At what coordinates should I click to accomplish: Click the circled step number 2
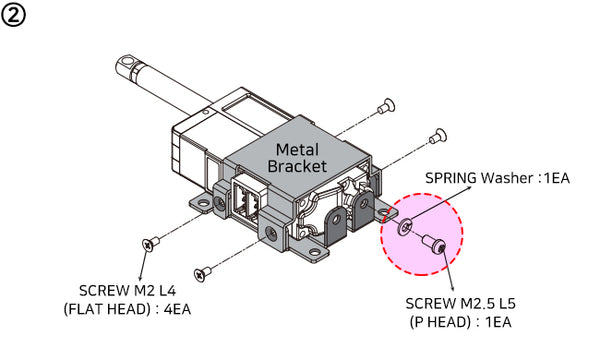coord(15,16)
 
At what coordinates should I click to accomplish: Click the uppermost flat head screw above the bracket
coord(385,105)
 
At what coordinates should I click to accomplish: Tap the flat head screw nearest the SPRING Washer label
coord(436,132)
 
